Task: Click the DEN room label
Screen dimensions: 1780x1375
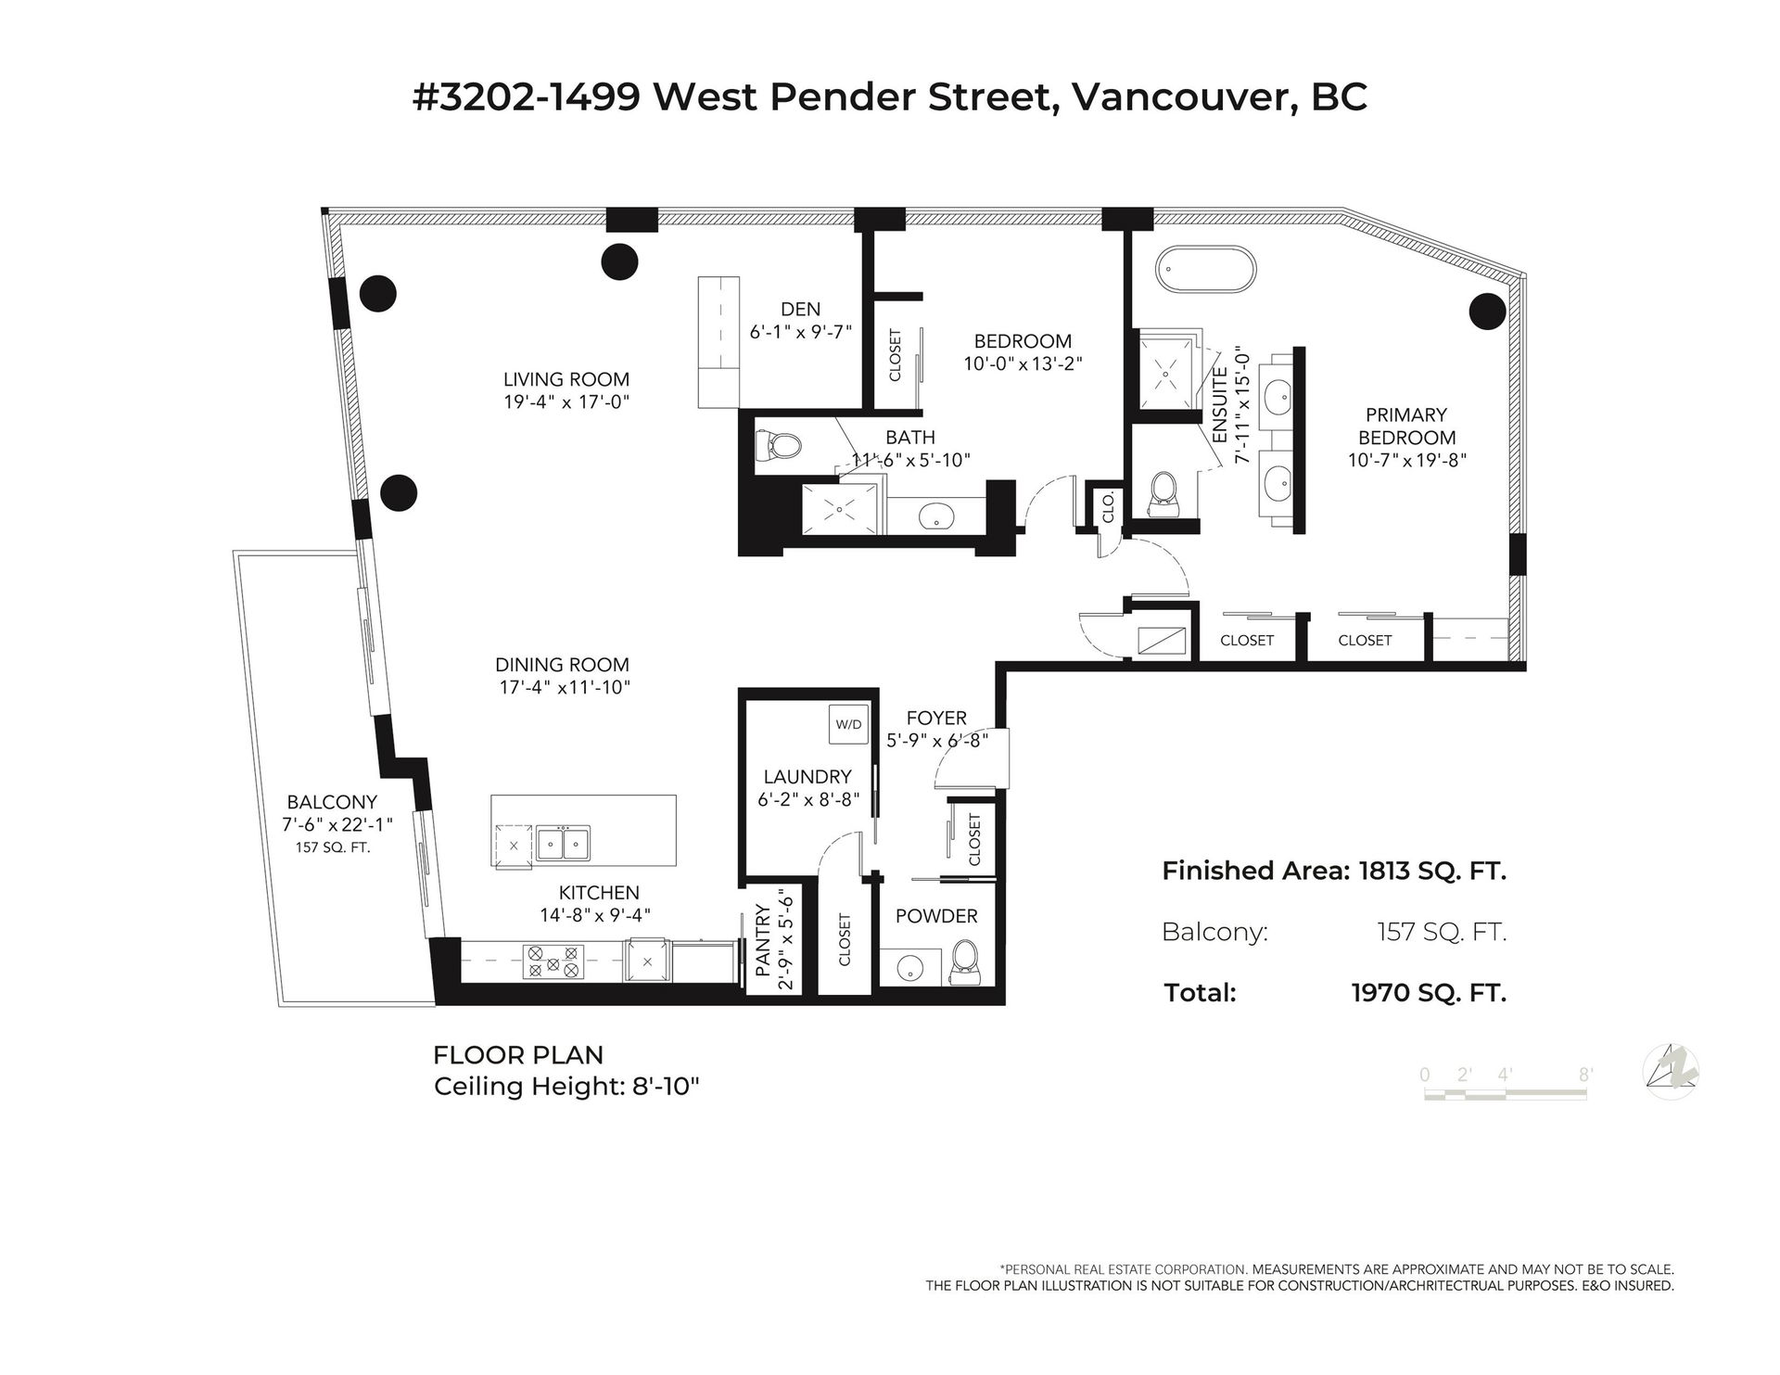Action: click(x=800, y=310)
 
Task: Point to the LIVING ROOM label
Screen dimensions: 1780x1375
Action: click(x=566, y=379)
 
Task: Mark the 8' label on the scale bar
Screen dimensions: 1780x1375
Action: click(x=1586, y=1075)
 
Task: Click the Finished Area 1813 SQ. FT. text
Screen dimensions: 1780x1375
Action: click(x=1334, y=871)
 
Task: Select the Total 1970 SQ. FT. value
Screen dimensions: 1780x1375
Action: click(x=1429, y=993)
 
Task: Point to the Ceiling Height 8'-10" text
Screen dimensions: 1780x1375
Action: click(x=566, y=1087)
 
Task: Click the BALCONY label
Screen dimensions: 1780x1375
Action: click(x=332, y=802)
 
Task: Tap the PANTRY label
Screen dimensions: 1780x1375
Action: click(x=763, y=941)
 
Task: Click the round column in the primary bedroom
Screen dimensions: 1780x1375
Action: click(x=1486, y=311)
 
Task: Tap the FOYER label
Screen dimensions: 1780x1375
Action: click(x=936, y=718)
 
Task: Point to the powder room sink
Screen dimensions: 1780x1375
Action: click(x=909, y=969)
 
